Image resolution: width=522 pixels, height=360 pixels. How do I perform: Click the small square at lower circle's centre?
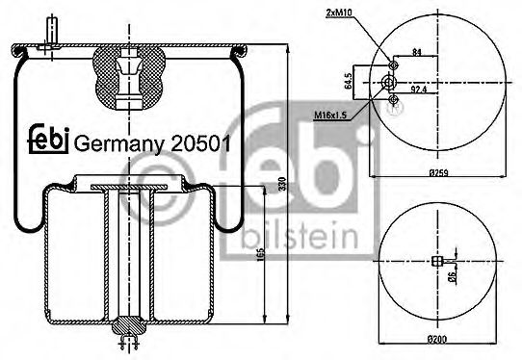(x=439, y=262)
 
